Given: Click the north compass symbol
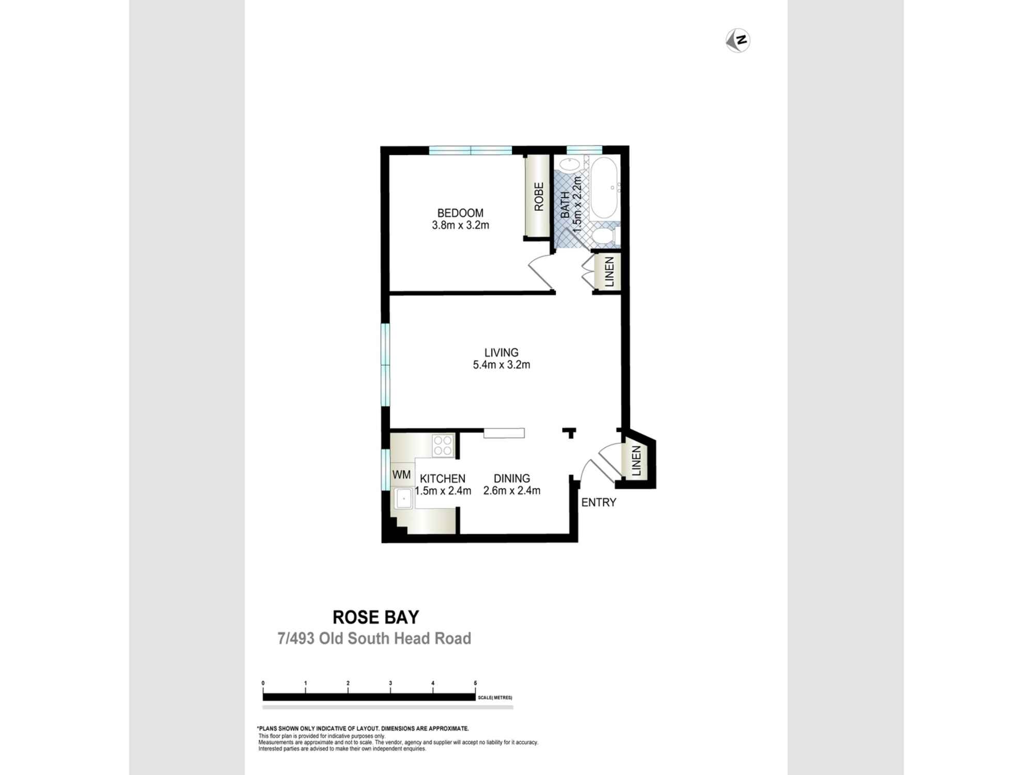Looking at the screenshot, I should coord(738,40).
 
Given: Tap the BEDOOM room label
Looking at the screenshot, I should coord(460,213).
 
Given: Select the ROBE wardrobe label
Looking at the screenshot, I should coord(539,196).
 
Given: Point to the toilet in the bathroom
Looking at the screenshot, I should coord(603,237).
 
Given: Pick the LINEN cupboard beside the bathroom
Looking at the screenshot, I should coord(609,272).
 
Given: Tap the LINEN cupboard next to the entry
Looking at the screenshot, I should coord(636,461).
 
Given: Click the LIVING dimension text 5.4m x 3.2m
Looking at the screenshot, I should coord(501,365).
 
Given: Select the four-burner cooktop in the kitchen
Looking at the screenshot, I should coord(443,445).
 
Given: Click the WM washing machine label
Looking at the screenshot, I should coord(401,474).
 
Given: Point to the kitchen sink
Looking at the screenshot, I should coord(403,499).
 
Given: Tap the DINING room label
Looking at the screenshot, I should coord(511,478).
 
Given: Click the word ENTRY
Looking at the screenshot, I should coord(599,502).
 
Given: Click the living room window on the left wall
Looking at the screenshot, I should coord(385,365).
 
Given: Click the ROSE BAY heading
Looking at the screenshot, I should coord(375,617).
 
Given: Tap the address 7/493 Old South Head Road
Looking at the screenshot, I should coord(374,639).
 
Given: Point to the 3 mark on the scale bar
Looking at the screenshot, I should coord(390,683).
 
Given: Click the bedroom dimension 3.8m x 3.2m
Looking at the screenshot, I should coord(460,225).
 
